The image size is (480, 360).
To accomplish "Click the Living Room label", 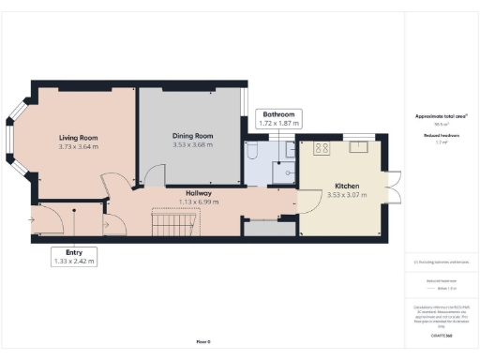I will click(78, 138).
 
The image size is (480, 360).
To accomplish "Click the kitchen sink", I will click(358, 146).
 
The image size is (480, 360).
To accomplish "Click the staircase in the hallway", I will click(176, 224).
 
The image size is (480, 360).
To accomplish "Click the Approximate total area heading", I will click(442, 116).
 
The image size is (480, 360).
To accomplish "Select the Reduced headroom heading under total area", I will click(442, 134).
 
